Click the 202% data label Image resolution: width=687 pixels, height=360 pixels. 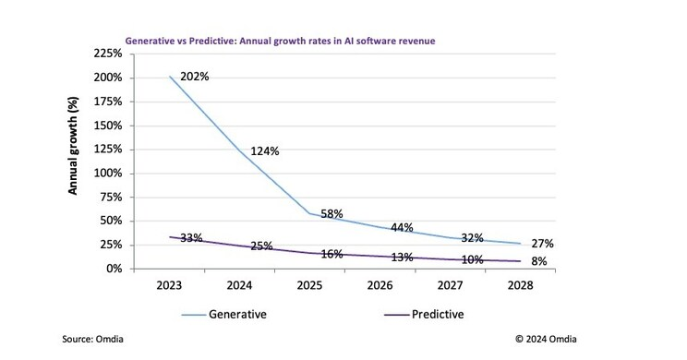[x=195, y=77]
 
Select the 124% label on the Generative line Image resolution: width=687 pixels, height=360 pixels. [x=264, y=150]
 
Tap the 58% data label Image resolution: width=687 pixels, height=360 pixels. [x=333, y=214]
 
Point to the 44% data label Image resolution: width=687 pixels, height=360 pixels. [x=403, y=227]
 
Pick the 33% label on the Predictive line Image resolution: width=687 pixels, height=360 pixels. [x=193, y=238]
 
